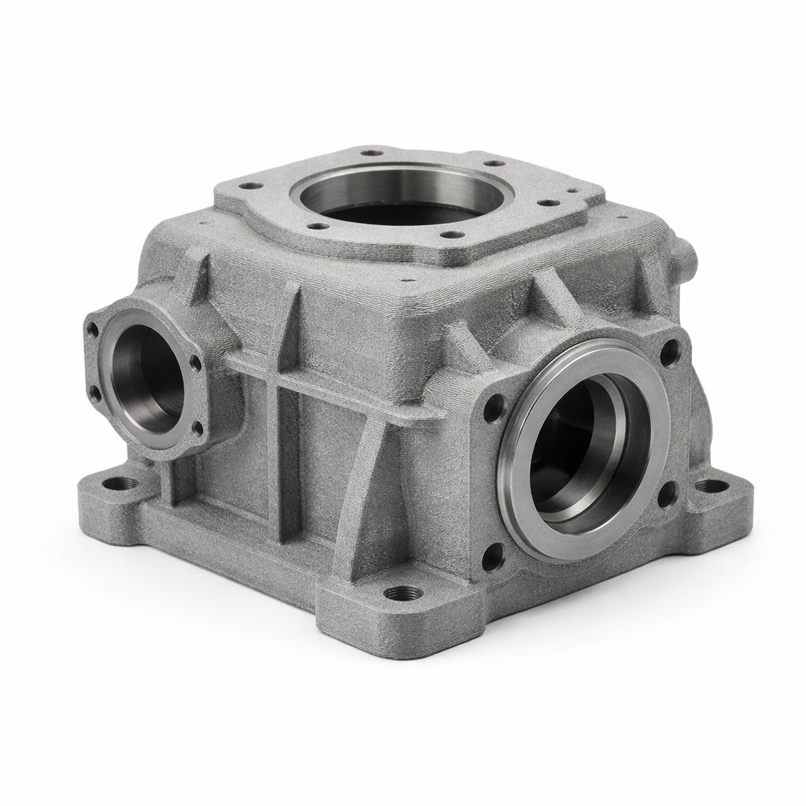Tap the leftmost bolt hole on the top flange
[x=250, y=187]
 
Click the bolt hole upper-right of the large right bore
[x=670, y=350]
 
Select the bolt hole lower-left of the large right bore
[x=493, y=557]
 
